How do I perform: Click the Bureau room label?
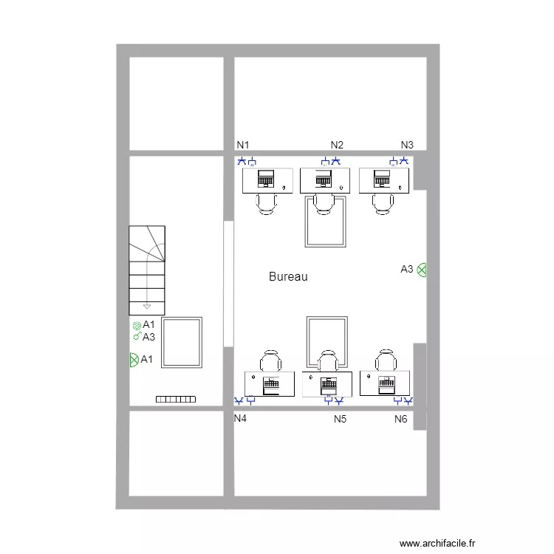(x=288, y=276)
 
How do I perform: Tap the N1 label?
(x=243, y=145)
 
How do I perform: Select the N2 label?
(x=337, y=145)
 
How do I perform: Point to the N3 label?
(x=407, y=145)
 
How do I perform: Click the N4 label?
(x=240, y=418)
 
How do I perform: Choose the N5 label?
(x=341, y=419)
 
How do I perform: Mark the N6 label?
(x=401, y=419)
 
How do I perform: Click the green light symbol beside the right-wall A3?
(x=422, y=270)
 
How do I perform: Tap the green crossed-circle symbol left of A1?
(x=134, y=360)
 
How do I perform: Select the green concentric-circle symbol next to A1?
(x=137, y=326)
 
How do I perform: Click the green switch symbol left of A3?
(x=137, y=336)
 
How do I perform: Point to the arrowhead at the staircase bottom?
(x=147, y=307)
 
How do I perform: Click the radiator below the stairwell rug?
(x=176, y=399)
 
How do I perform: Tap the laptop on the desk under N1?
(x=266, y=179)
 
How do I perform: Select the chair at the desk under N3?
(x=383, y=204)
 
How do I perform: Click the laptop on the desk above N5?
(x=329, y=386)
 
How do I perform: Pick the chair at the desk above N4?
(x=270, y=360)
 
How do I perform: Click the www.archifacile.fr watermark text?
(x=437, y=543)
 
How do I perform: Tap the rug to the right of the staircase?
(x=182, y=342)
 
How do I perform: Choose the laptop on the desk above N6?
(x=386, y=385)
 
